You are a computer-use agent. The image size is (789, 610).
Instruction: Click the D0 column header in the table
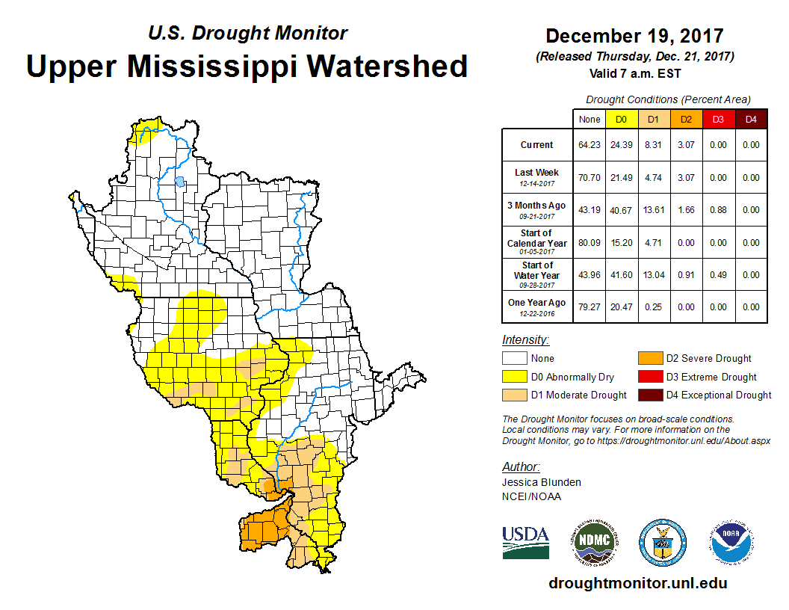tap(621, 119)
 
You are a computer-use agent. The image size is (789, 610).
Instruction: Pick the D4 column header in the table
tap(750, 119)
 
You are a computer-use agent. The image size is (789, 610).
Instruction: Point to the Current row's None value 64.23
tap(589, 145)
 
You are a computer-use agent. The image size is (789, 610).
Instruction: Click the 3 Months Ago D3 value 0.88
tap(717, 210)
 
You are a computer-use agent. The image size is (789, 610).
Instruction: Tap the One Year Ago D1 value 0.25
tap(653, 307)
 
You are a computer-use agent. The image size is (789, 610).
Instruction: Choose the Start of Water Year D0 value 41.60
tap(621, 275)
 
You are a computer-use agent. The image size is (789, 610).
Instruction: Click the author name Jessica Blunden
tap(541, 482)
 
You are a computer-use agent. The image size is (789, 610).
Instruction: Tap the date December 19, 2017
tap(634, 36)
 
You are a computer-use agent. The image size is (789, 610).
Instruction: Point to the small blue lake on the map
tap(179, 181)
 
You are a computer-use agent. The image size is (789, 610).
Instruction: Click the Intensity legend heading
tap(525, 339)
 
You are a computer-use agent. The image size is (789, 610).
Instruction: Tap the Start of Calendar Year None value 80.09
tap(589, 243)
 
